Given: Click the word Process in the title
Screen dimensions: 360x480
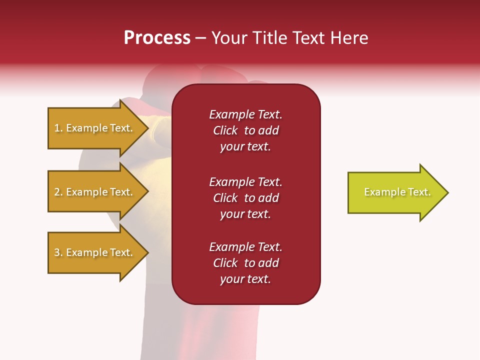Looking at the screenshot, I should pos(157,38).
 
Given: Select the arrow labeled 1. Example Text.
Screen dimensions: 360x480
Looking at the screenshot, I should pos(95,128).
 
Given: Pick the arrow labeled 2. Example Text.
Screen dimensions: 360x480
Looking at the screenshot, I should pos(95,192).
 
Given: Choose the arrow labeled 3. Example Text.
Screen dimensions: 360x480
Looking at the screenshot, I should pos(95,252).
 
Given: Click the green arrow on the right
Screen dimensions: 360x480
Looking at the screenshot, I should pos(395,192).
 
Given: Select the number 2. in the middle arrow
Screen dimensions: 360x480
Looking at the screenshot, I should pos(58,192).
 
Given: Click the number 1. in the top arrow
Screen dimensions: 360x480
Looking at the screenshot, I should pos(58,128).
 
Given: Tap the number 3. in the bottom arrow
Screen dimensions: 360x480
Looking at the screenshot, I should pos(58,252).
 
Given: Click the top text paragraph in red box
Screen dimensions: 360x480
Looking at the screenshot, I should pos(245,130).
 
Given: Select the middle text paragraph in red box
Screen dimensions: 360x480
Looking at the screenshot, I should pos(245,198).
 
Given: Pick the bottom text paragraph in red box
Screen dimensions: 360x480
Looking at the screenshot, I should pos(245,263).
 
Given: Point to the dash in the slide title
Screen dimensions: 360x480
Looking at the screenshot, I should pos(200,38).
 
